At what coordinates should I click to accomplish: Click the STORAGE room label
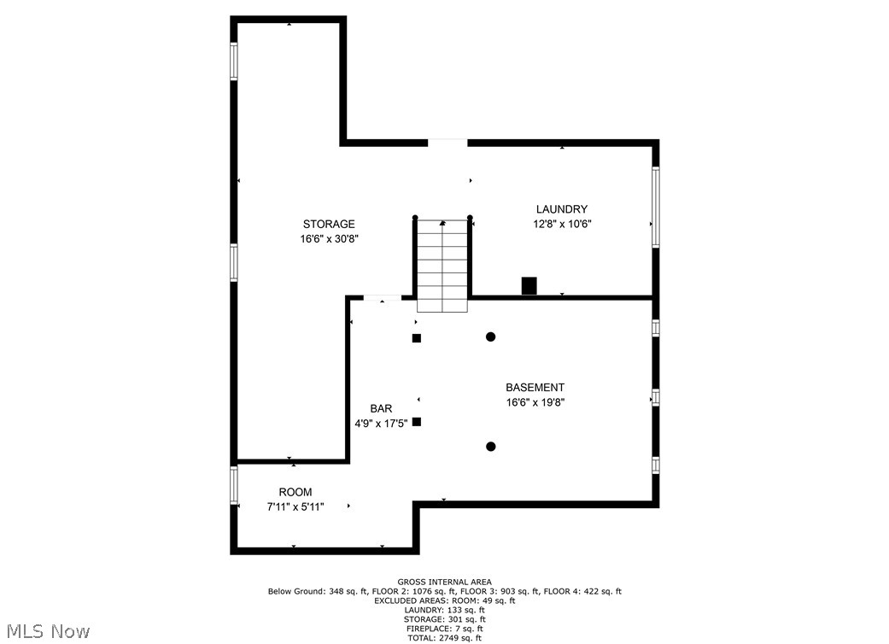(329, 224)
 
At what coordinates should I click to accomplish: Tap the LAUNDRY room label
(562, 209)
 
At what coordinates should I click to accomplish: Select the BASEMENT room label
(535, 388)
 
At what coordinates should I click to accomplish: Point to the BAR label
(381, 408)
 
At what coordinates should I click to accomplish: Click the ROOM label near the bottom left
(295, 492)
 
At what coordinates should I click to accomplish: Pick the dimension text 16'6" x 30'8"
(330, 239)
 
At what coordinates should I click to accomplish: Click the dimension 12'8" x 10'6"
(563, 224)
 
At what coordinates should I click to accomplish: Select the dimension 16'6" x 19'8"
(535, 402)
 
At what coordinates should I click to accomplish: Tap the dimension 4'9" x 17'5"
(381, 424)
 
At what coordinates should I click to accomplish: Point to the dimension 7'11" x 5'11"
(295, 506)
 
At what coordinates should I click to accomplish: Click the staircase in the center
(442, 266)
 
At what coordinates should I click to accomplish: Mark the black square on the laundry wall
(529, 286)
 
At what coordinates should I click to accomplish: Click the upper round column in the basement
(491, 337)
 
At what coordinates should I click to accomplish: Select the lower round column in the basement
(491, 447)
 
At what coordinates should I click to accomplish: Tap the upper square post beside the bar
(417, 338)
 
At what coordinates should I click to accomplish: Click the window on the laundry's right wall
(655, 207)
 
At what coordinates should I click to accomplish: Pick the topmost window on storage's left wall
(234, 61)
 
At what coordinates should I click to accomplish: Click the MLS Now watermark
(49, 631)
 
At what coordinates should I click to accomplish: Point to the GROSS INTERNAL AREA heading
(444, 582)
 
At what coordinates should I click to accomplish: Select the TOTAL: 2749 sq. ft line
(444, 638)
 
